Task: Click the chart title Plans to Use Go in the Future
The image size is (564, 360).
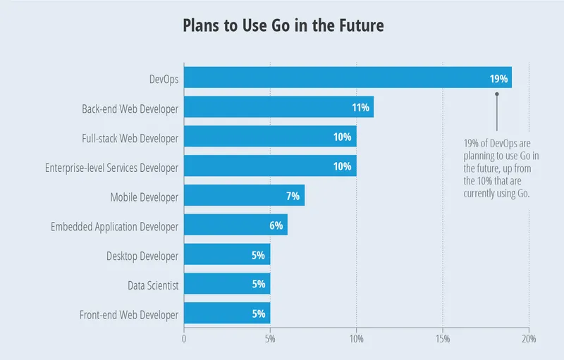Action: [283, 27]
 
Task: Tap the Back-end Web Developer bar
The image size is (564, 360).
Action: [278, 107]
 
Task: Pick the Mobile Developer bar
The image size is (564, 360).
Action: [244, 196]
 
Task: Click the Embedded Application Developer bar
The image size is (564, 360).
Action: [235, 225]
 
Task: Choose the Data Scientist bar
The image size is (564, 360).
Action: [227, 285]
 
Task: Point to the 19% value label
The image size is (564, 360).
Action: [498, 78]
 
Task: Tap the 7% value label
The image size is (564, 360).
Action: [293, 197]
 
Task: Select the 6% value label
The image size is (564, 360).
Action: [276, 226]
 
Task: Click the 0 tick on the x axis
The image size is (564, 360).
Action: [184, 339]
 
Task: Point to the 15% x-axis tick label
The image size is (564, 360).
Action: [443, 339]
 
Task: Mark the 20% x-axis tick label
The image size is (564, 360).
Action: [528, 339]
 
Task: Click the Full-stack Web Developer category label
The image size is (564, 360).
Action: [130, 137]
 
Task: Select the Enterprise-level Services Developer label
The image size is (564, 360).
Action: [111, 167]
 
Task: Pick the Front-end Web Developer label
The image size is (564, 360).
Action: [128, 314]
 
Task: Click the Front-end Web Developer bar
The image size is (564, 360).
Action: [227, 314]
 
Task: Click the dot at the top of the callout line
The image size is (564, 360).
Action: [497, 94]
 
